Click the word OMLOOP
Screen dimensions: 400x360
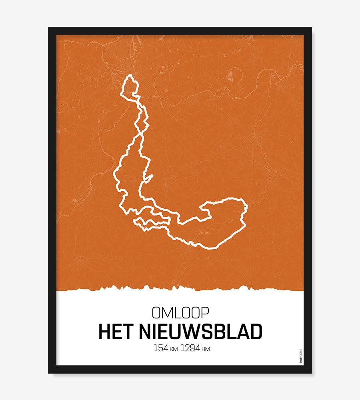(x=180, y=312)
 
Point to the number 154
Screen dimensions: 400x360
(x=161, y=348)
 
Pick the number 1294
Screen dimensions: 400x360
(x=190, y=348)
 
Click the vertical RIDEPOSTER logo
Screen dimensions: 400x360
(x=301, y=356)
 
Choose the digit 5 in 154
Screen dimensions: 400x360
(x=161, y=348)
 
